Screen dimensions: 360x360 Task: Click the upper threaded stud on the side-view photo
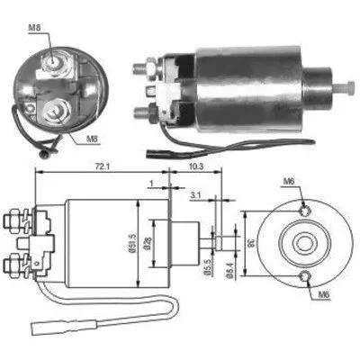(x=143, y=67)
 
